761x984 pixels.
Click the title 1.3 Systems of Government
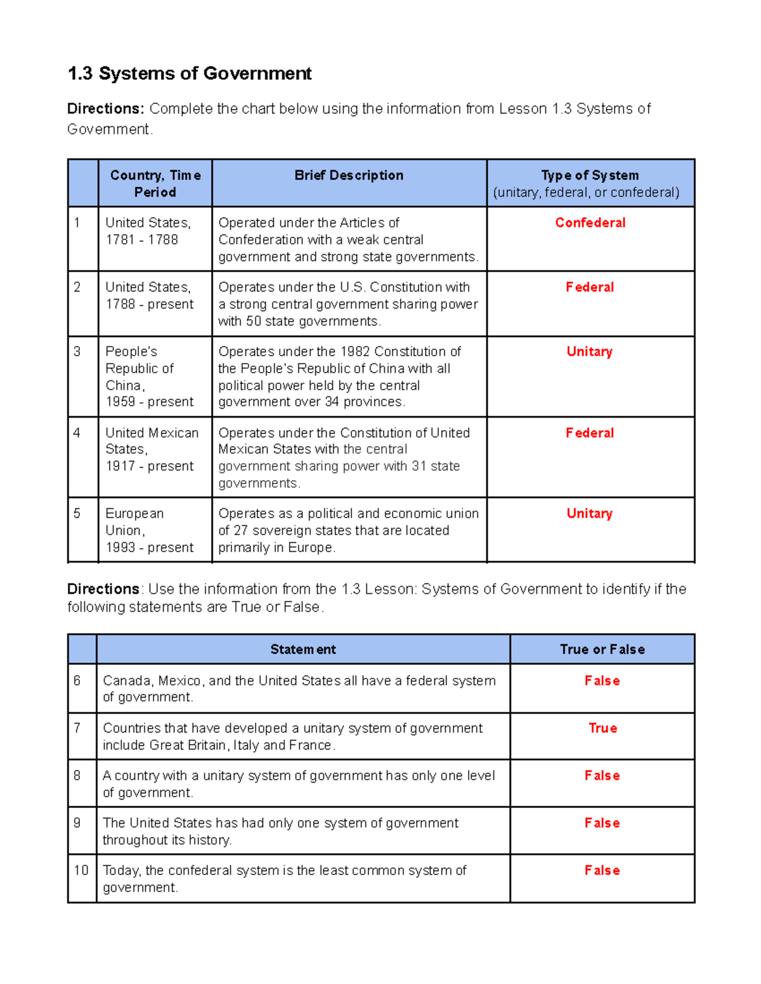(189, 73)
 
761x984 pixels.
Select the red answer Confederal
(590, 223)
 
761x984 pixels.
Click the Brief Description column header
(349, 176)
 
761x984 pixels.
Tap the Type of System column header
(590, 176)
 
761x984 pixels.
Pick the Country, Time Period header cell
(155, 184)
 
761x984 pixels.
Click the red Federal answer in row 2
(590, 288)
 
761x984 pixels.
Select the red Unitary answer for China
(590, 352)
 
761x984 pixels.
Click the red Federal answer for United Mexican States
(590, 433)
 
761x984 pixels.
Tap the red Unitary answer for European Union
(590, 514)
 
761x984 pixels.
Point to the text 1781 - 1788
(141, 240)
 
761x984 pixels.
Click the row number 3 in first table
(77, 352)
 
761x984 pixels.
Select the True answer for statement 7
(602, 729)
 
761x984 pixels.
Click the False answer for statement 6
(602, 681)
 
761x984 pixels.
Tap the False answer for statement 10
(602, 871)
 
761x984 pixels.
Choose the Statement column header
(303, 649)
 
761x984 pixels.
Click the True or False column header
(602, 649)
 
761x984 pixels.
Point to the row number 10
(81, 871)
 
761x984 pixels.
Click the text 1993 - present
(150, 547)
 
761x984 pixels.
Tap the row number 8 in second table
(77, 776)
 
